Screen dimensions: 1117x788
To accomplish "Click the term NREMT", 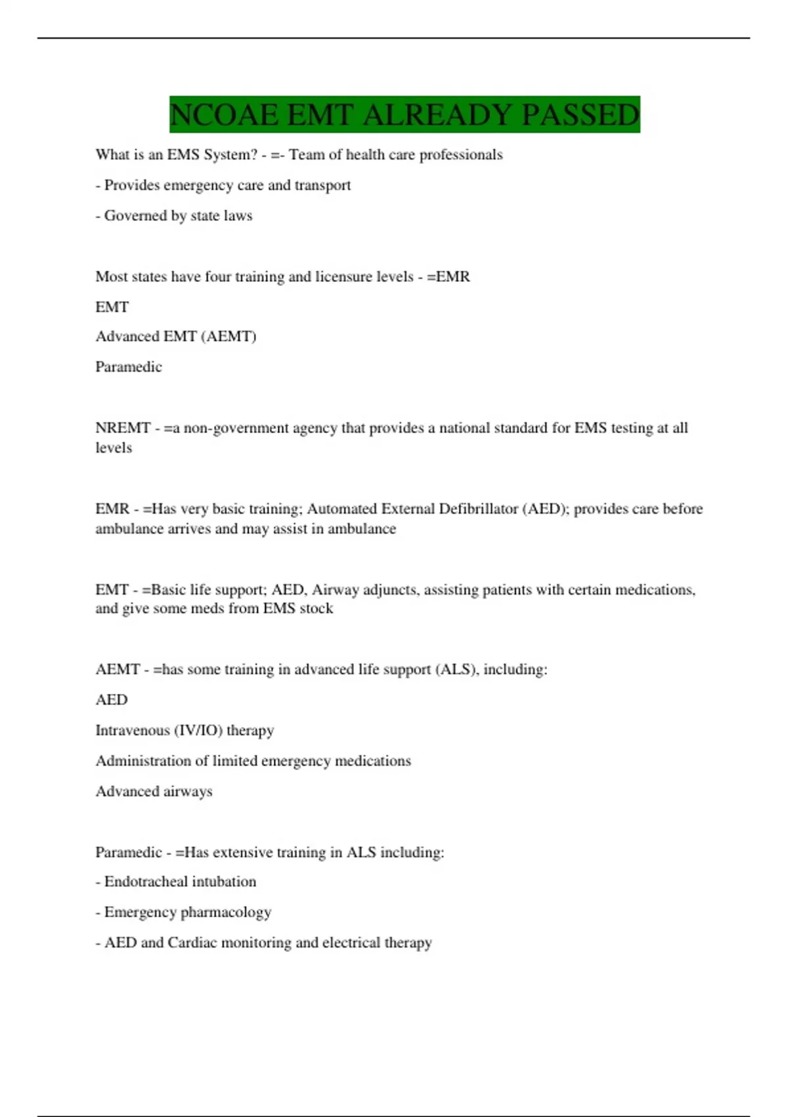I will point(123,428).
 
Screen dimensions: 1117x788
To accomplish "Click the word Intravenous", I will point(132,731).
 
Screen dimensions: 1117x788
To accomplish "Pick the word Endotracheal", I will point(145,882).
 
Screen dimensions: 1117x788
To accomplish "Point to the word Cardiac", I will point(192,943).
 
